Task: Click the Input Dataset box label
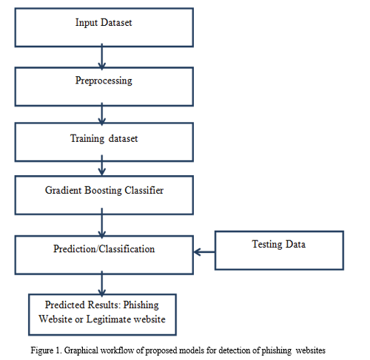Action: (104, 23)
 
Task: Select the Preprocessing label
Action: (104, 81)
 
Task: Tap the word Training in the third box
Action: (87, 138)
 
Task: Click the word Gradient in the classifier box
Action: (63, 190)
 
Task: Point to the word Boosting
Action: (103, 191)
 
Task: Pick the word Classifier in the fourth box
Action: (144, 190)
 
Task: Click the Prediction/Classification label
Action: (104, 249)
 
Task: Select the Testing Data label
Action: (279, 245)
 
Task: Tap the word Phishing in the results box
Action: (141, 305)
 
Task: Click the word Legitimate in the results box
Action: (108, 319)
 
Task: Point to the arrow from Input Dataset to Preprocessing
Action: (102, 57)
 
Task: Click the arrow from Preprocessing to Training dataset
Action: (102, 114)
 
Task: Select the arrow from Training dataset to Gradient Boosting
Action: (102, 166)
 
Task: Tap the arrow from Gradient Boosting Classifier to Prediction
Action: (102, 223)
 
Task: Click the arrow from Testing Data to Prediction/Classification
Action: (204, 252)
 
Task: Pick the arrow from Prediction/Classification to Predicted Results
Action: (102, 284)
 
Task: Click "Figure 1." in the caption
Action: (46, 350)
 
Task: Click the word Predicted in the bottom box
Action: (65, 305)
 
